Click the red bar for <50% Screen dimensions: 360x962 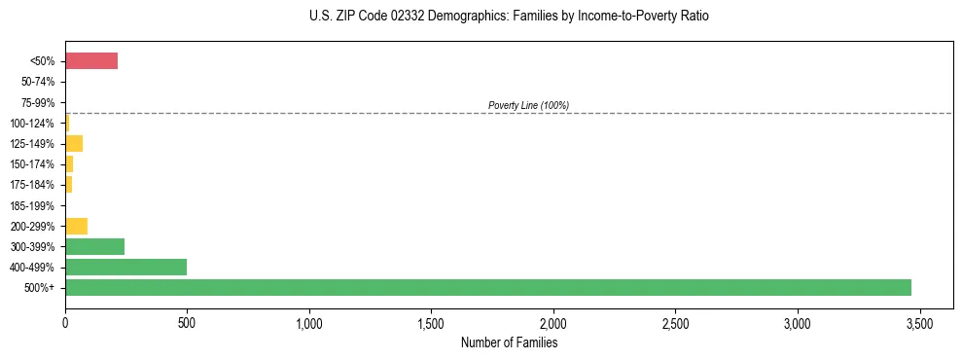click(91, 61)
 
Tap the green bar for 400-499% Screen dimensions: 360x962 click(125, 267)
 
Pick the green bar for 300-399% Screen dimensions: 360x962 click(94, 246)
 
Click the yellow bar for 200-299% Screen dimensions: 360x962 click(76, 226)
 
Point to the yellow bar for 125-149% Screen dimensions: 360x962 click(74, 144)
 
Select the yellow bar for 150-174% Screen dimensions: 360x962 click(69, 163)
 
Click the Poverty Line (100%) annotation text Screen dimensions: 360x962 click(528, 105)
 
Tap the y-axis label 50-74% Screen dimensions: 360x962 click(38, 83)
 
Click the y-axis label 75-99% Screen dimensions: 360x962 click(38, 103)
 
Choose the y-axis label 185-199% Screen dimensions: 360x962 click(33, 205)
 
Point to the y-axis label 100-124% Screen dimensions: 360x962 click(33, 124)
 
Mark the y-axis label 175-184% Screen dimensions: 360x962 click(33, 185)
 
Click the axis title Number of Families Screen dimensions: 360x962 click(509, 342)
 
